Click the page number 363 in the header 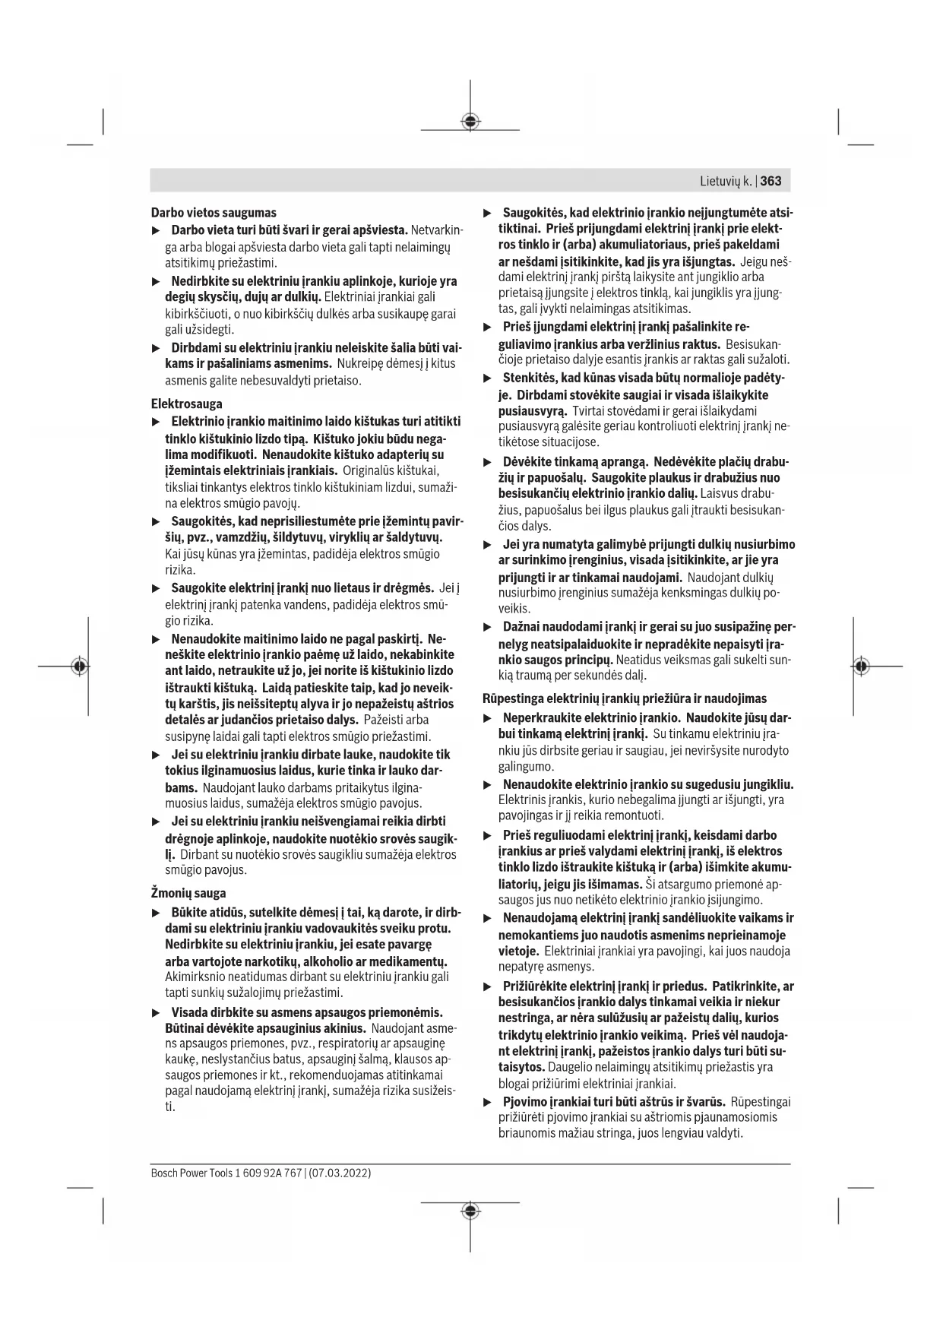[771, 181]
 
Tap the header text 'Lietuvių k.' [726, 181]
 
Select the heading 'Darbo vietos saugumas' [214, 213]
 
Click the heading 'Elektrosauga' [187, 404]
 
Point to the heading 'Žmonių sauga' [188, 893]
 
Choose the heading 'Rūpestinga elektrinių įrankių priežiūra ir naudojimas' [625, 698]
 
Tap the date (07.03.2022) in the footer [340, 1173]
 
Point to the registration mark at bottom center [470, 1211]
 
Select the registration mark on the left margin [79, 666]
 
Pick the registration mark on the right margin [860, 666]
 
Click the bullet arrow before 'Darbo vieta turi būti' [156, 230]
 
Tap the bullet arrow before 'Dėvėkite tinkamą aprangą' [488, 462]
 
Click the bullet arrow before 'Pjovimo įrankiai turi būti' [488, 1102]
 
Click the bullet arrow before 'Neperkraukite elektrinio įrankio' [488, 718]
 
